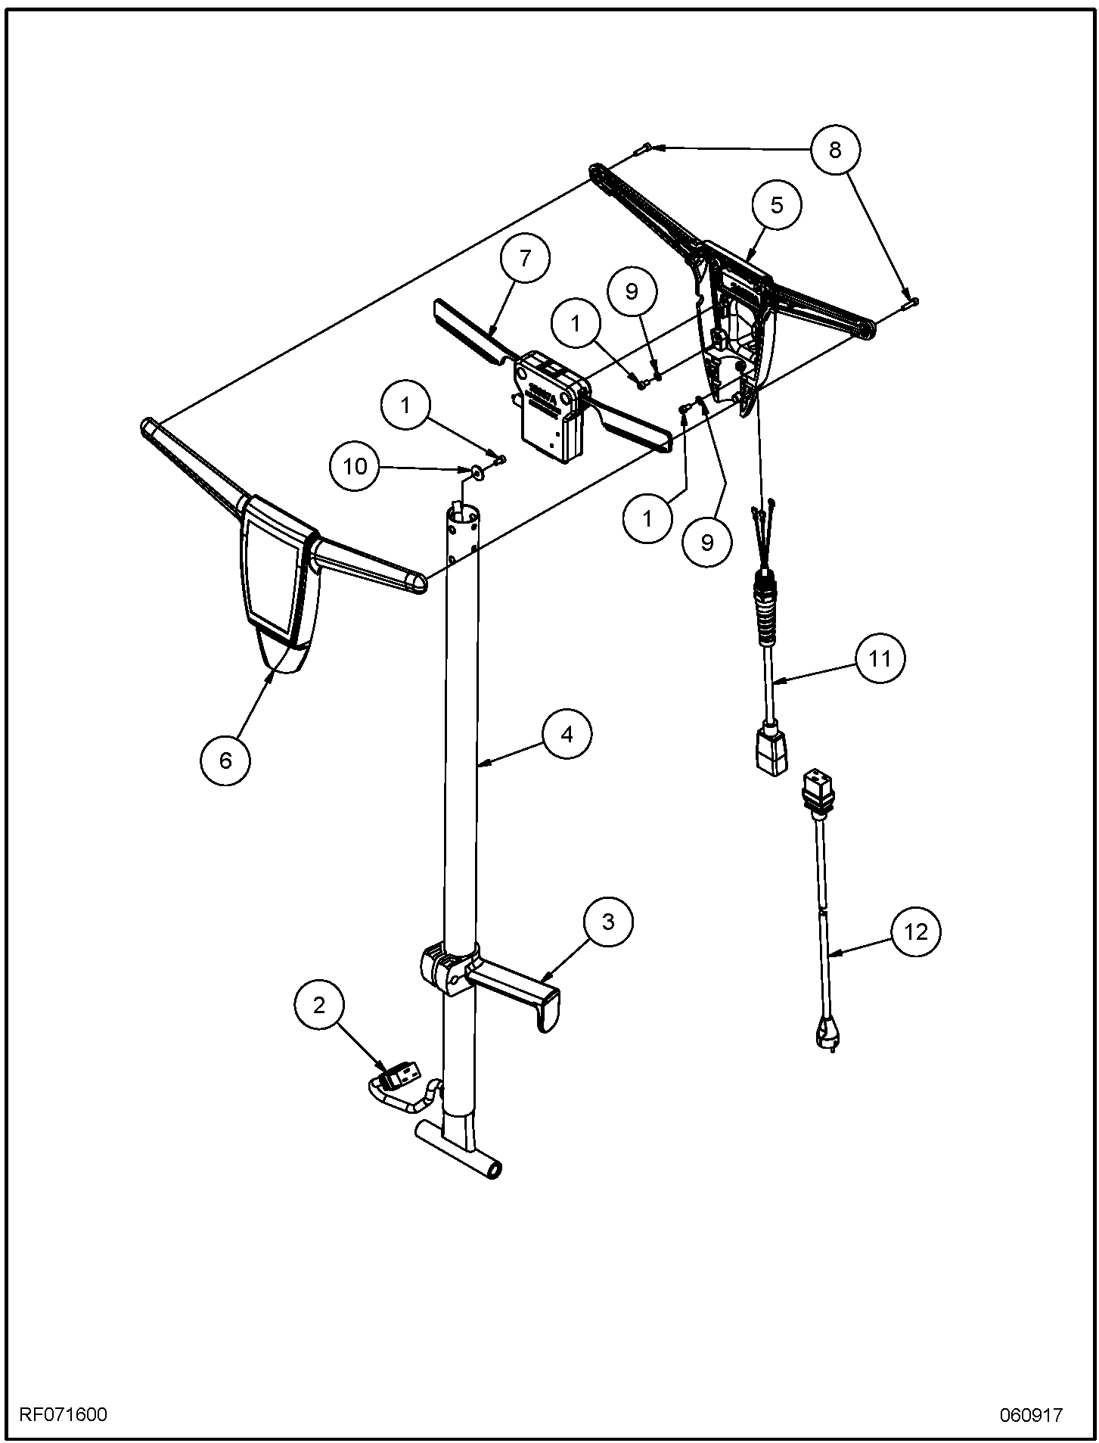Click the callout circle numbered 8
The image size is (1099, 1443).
834,150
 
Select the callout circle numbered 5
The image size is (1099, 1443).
778,205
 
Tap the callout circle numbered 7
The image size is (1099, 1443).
525,259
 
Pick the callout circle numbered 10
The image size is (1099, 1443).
355,467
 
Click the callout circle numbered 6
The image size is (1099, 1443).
225,760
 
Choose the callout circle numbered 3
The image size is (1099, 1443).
608,922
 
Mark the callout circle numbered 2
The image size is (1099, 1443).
319,1006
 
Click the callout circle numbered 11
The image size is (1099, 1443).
880,659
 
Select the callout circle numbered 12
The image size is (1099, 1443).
916,932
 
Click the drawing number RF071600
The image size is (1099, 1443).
63,1414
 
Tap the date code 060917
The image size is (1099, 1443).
1032,1414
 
